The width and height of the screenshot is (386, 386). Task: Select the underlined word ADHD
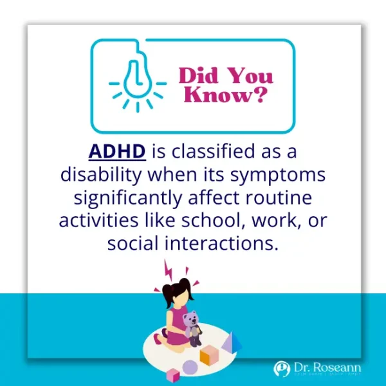(x=117, y=153)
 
